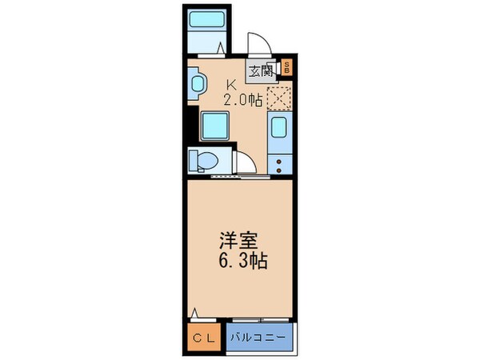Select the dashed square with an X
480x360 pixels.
(278, 97)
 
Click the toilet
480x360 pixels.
(202, 162)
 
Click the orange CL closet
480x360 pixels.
(203, 337)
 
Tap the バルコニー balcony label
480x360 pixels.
(260, 337)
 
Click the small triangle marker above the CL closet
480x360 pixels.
(194, 313)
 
